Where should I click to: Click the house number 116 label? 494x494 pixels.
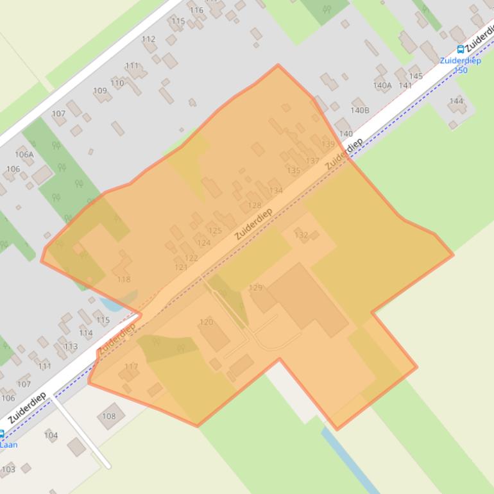pos(196,10)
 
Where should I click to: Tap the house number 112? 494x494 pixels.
pos(148,39)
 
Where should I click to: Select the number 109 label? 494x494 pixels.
pos(100,90)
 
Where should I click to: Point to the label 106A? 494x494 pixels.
pos(24,154)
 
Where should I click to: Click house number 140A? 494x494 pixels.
pos(382,85)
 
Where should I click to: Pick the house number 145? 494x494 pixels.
pos(416,76)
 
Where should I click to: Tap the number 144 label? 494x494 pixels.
pos(456,101)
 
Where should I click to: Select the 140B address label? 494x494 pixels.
pos(360,110)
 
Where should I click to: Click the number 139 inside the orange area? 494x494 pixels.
pos(328,144)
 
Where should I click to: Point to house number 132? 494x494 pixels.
pos(301,235)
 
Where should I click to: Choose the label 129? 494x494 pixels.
pos(255,288)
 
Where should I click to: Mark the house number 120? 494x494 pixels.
pos(206,322)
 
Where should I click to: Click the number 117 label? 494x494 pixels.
pos(131,367)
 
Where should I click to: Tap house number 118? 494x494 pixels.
pos(124,279)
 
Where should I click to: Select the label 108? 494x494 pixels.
pos(109,416)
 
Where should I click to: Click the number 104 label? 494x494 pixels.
pos(51,435)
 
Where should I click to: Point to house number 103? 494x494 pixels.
pos(8,469)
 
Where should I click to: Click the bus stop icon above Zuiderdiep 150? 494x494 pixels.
pos(460,49)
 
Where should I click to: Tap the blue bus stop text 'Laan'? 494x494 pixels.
pos(9,445)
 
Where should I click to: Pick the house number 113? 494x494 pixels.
pos(71,346)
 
